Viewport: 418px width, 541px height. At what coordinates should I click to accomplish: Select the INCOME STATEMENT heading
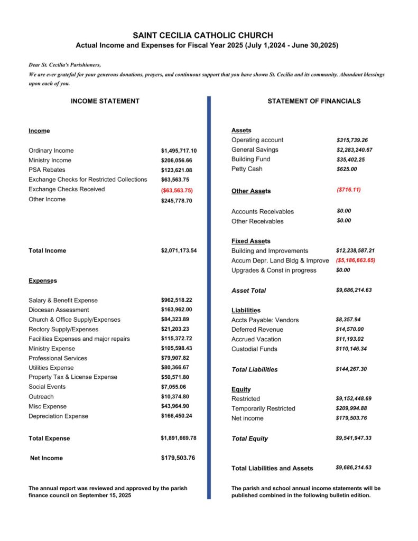click(105, 101)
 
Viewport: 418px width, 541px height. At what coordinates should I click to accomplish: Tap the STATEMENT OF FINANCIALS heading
click(314, 101)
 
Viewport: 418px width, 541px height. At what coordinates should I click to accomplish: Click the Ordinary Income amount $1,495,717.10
click(179, 151)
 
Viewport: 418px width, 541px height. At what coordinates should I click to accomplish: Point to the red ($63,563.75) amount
click(177, 190)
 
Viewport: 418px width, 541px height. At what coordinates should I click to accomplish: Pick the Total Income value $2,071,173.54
click(179, 250)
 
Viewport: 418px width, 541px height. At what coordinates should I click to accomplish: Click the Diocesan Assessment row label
click(59, 310)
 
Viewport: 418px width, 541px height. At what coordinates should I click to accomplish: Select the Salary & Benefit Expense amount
click(177, 300)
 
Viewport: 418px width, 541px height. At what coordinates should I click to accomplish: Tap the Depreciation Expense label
click(59, 416)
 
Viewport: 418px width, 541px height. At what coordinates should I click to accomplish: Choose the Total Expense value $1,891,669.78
click(179, 438)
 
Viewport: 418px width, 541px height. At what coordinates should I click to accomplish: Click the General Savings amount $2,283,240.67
click(355, 150)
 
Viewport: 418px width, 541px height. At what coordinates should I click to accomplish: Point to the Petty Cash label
click(247, 169)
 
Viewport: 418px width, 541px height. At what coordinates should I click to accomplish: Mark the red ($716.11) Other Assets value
click(348, 189)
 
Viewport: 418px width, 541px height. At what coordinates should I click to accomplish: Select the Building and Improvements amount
click(355, 250)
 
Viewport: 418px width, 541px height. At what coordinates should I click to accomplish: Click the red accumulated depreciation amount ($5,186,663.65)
click(355, 260)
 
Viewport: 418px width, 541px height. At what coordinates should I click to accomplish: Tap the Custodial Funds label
click(254, 349)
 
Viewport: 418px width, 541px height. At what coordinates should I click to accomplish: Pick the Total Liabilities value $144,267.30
click(351, 369)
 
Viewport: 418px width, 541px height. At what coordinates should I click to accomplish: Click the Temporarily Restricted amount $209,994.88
click(351, 408)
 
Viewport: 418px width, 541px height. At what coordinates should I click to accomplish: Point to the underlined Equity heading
click(241, 389)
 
